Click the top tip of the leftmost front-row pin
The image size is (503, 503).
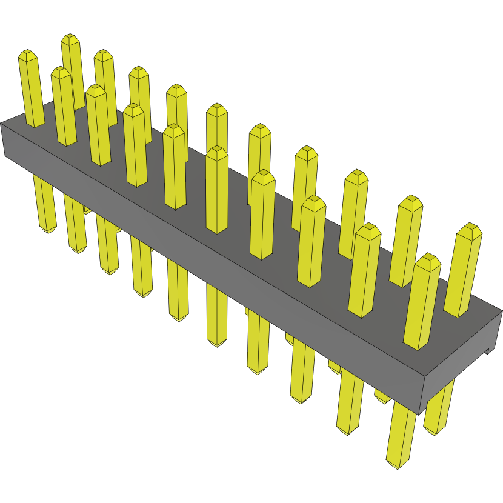tap(27, 54)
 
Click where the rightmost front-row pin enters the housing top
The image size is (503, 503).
tap(418, 347)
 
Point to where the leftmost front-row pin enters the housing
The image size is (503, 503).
tap(36, 125)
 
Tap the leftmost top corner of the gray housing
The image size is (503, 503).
tap(1, 123)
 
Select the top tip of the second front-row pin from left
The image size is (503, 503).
tap(60, 71)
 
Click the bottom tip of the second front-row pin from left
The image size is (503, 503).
tap(78, 250)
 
